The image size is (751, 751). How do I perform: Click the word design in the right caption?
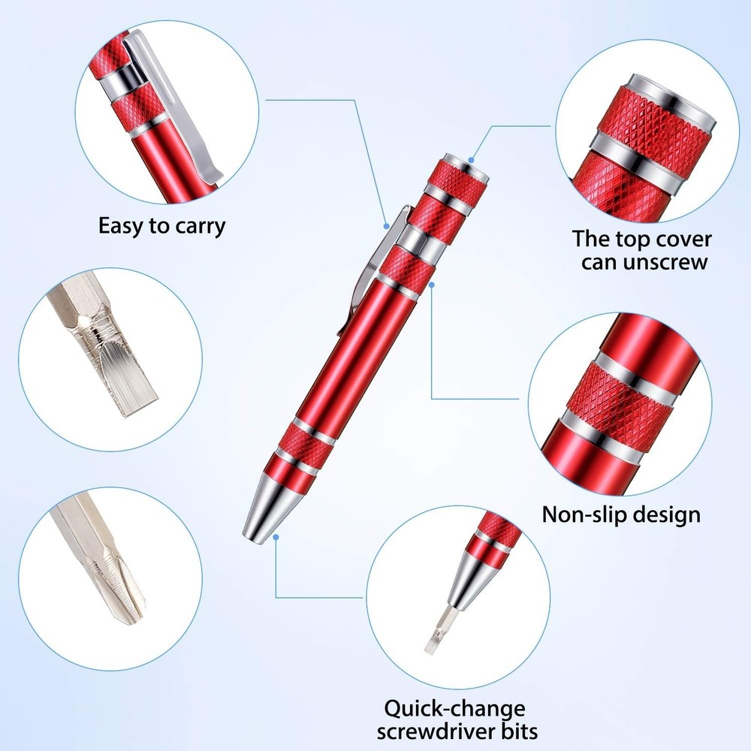pos(668,514)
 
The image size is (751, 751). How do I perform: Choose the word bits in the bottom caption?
pos(518,731)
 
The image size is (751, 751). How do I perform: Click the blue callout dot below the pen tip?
pos(276,537)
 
